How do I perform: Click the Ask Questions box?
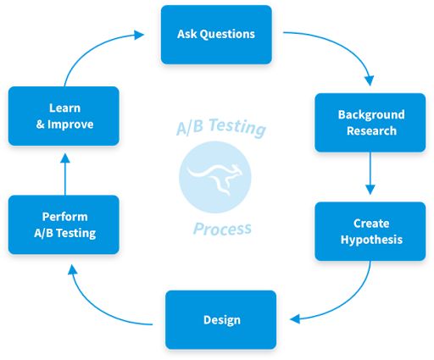[216, 35]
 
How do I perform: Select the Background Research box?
[370, 123]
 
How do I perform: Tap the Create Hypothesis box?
[370, 231]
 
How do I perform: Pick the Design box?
[220, 319]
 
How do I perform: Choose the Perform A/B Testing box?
[64, 224]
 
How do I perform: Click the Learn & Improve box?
[64, 116]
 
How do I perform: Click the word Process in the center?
[221, 229]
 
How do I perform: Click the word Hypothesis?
[370, 240]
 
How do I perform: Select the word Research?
[370, 131]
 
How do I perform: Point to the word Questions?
[229, 35]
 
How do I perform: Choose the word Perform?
[64, 217]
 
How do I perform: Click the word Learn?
[64, 108]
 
